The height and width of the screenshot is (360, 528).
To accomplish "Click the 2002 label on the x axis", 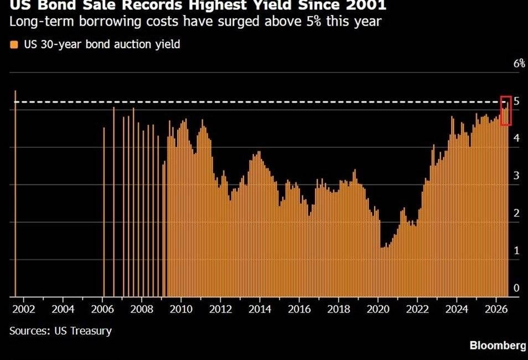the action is tap(24, 309).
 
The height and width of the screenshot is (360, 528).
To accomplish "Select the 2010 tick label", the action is tap(181, 309).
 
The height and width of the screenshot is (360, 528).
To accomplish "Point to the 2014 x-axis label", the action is tap(260, 309).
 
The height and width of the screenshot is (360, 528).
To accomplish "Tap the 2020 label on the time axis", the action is tap(378, 309).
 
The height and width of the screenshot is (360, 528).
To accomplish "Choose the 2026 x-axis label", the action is tap(496, 309).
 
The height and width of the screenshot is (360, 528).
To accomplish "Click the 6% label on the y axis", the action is tap(519, 63).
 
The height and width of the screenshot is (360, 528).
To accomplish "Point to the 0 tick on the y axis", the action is tap(516, 288).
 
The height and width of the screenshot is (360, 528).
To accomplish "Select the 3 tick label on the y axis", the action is tap(516, 175).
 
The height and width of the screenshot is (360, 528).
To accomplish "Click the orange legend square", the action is tap(14, 44).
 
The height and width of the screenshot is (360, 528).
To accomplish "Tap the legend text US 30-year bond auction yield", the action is tap(102, 44).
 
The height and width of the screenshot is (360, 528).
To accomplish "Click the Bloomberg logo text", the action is tap(498, 346).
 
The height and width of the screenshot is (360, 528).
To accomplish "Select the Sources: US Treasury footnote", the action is tap(61, 331).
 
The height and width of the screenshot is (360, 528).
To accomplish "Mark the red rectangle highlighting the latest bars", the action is tap(506, 96).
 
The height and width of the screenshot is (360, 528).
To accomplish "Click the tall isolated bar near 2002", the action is tap(15, 193).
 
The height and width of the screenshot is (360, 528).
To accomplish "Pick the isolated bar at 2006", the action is tap(103, 212).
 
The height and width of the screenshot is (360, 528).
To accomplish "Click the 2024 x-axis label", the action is tap(457, 309).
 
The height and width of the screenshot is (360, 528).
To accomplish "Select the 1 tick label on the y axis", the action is tap(516, 250).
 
